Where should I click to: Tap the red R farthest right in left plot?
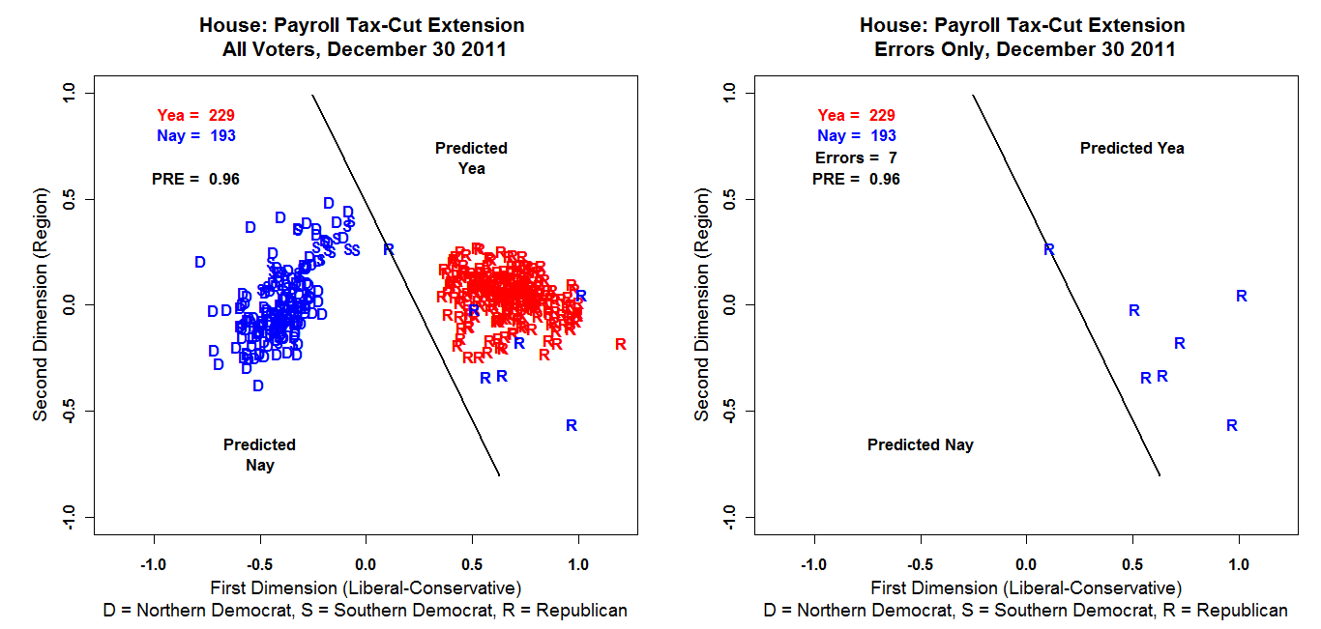click(620, 344)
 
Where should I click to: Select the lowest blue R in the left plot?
click(572, 425)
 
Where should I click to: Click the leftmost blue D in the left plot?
click(200, 262)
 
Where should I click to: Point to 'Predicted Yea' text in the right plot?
click(1131, 148)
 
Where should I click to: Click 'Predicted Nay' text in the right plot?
click(920, 445)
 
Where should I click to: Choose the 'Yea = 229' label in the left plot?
click(195, 115)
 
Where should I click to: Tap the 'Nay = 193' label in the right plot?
click(856, 136)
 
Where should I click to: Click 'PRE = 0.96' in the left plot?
click(195, 179)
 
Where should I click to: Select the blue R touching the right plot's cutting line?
click(1049, 249)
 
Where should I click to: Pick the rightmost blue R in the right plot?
click(1242, 296)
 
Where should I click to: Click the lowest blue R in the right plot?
click(1232, 425)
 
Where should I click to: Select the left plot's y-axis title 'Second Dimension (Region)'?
click(41, 304)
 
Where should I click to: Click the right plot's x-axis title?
click(1026, 587)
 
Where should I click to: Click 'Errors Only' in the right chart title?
click(929, 49)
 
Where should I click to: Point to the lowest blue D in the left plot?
click(258, 386)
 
